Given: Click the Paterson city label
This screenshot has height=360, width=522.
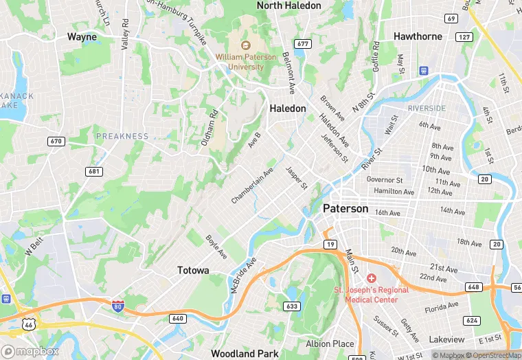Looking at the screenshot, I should [x=345, y=208].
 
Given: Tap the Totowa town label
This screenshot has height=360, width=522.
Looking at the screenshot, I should [x=193, y=270].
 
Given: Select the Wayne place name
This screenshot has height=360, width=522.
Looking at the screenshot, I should [x=82, y=37].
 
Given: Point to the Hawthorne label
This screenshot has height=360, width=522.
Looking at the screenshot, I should [x=418, y=36].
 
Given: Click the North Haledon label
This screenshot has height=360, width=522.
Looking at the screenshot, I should [x=288, y=5].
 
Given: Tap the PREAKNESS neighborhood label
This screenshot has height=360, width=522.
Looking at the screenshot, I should [x=122, y=136].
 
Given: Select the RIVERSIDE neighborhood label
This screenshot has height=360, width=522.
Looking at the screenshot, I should [x=427, y=109].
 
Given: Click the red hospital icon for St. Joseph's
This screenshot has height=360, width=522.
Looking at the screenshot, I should [x=372, y=278].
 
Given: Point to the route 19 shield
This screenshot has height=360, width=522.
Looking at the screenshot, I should [x=330, y=245].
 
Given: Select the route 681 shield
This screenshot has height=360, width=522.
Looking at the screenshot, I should [x=93, y=170].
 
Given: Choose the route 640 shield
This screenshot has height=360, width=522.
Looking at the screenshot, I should [x=178, y=318].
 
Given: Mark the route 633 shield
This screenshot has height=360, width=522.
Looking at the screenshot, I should [x=291, y=306].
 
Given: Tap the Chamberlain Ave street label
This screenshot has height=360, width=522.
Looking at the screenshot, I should [x=252, y=185].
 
